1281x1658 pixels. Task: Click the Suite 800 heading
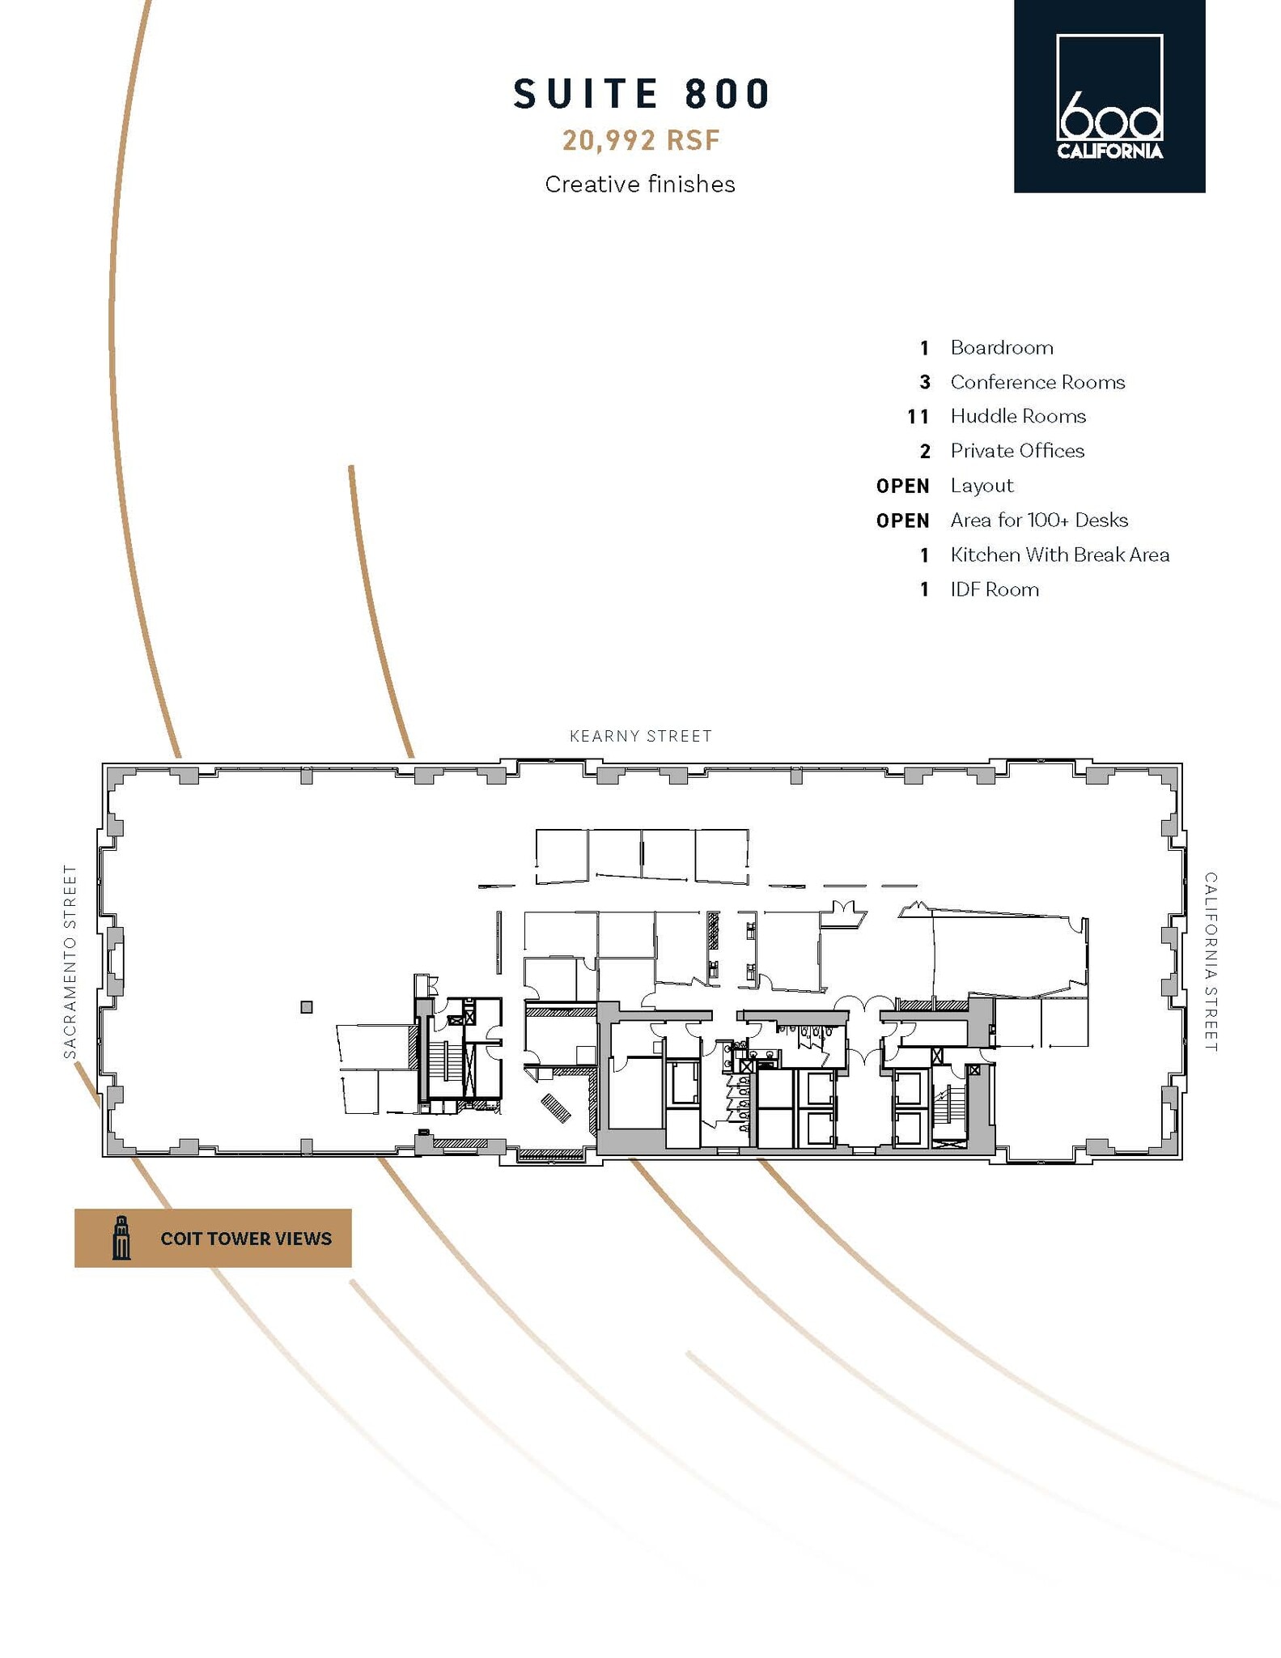pos(643,94)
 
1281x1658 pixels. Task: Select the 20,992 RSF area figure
pos(641,141)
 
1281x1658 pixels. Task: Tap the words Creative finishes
pos(639,185)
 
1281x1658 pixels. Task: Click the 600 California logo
pos(1109,96)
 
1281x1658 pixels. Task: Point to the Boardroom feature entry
pos(1001,348)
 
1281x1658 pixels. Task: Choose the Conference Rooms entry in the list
pos(1037,382)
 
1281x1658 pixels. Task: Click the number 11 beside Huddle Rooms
pos(918,417)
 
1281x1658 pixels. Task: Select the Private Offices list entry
pos(1016,451)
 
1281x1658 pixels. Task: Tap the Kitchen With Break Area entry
pos(1059,555)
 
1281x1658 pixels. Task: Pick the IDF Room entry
pos(994,590)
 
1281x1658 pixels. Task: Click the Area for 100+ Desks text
pos(1038,521)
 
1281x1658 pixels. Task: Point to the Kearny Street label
pos(640,736)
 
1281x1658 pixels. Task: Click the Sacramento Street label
pos(70,961)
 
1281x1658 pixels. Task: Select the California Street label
pos(1210,961)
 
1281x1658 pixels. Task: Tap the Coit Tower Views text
pos(246,1239)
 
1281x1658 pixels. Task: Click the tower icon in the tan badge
pos(121,1238)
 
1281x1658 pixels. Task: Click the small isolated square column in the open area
pos(307,1007)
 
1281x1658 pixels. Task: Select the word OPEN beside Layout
pos(902,487)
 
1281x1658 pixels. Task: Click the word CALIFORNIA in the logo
pos(1109,151)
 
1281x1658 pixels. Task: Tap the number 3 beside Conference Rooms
pos(925,383)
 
